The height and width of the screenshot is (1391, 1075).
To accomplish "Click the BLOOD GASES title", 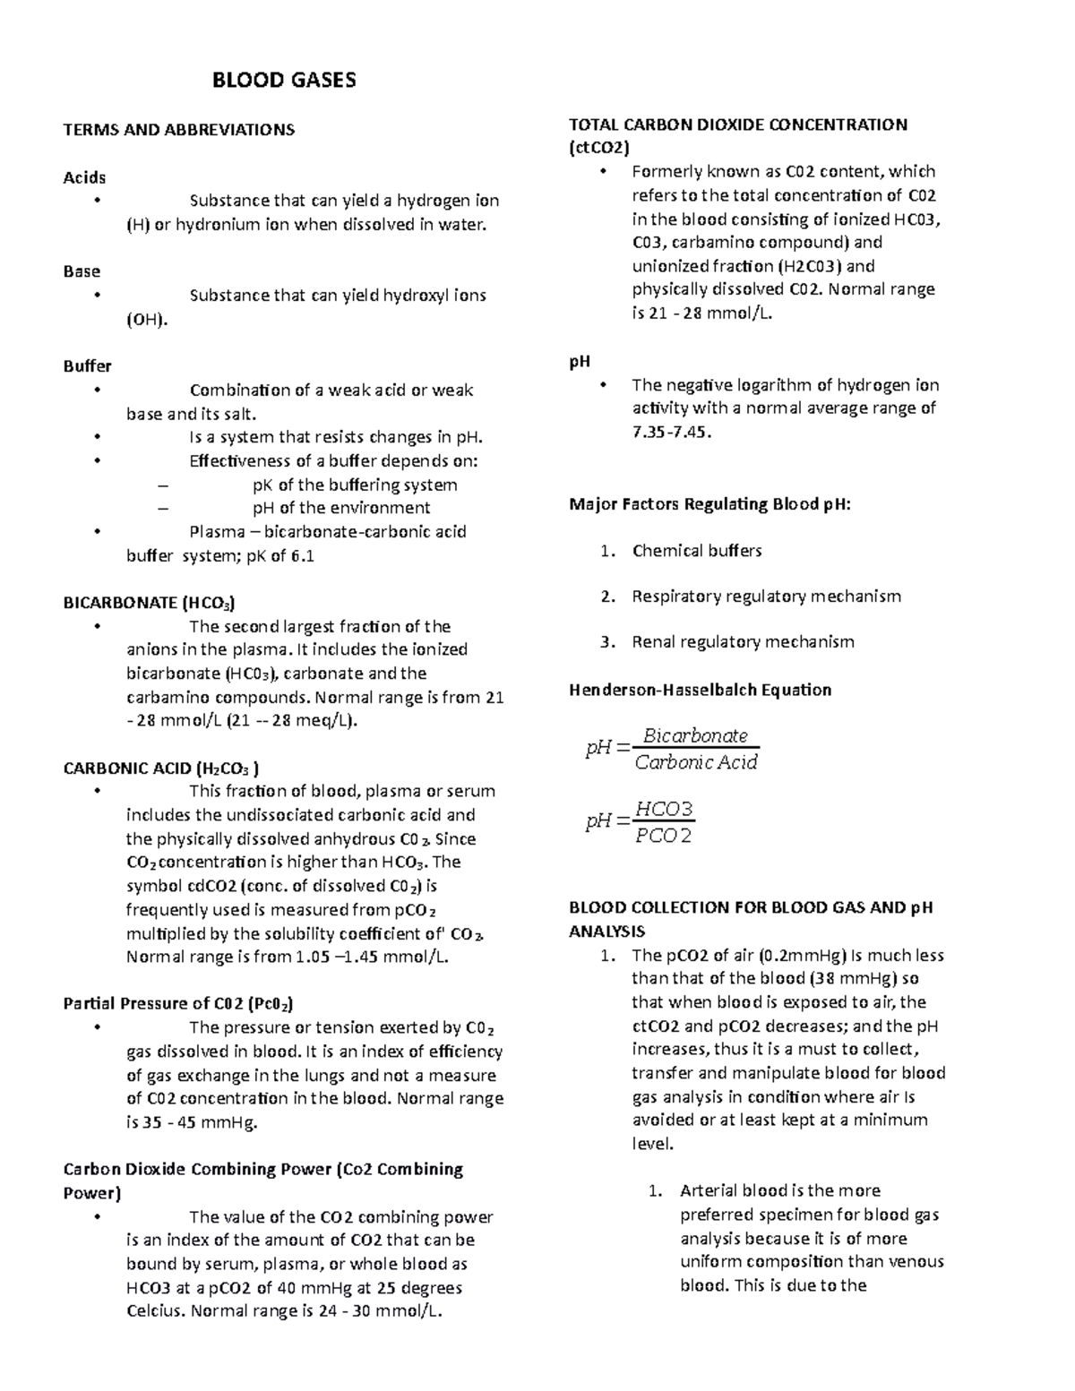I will (x=283, y=81).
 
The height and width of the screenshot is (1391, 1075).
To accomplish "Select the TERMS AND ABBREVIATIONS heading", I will (x=178, y=130).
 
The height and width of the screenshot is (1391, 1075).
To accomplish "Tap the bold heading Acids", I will (x=84, y=177).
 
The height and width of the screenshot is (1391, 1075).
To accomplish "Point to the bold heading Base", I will (x=82, y=271).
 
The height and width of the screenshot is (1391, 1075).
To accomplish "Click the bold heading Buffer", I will (x=87, y=365).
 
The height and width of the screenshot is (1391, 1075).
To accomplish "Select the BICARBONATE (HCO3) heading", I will (x=150, y=603).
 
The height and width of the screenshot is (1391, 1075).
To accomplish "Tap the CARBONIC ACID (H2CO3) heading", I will (x=161, y=768).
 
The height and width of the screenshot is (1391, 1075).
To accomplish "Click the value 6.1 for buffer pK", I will (x=303, y=556).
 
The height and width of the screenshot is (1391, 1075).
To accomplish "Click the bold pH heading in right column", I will (x=580, y=362).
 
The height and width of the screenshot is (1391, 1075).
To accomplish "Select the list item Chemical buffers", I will (x=697, y=551).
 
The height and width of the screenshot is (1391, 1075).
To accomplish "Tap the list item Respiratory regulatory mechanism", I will (x=766, y=597).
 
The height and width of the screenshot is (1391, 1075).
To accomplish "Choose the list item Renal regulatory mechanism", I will (x=743, y=642).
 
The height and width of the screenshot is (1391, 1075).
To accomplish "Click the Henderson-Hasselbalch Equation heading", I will (x=701, y=690).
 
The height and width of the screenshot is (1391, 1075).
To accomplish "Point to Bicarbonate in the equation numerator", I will (x=696, y=736).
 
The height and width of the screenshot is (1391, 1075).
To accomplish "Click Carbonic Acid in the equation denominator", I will (x=696, y=762).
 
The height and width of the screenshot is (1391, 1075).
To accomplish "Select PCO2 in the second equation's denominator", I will (x=664, y=837).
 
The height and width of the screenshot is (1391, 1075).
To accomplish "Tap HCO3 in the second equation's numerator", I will (x=664, y=810).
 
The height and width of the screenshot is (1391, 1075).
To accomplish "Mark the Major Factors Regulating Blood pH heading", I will (x=709, y=504).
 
